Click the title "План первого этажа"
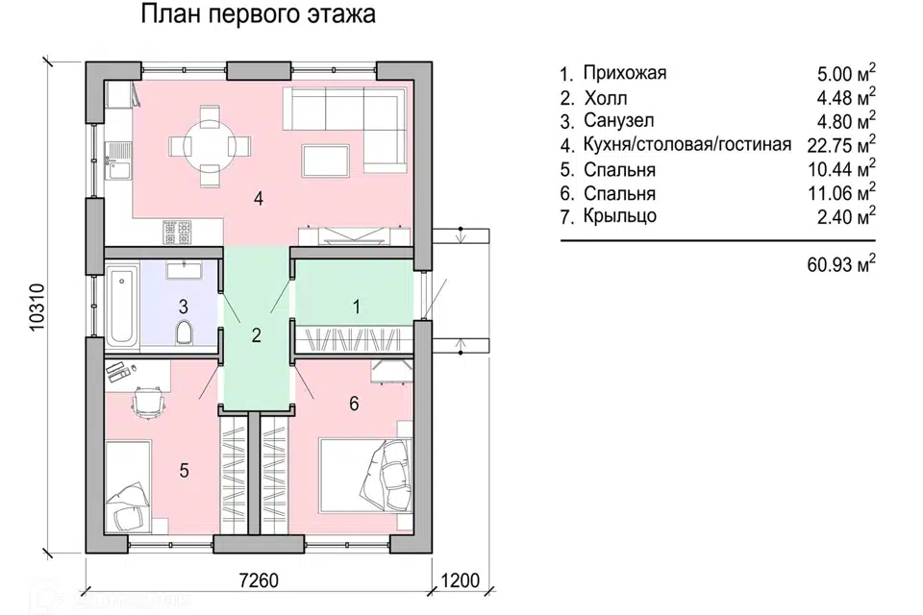tap(259, 16)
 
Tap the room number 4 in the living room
tap(258, 199)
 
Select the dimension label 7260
tap(258, 580)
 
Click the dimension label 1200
tap(461, 580)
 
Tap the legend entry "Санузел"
tap(620, 121)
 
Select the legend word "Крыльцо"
tap(620, 216)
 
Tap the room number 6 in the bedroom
tap(354, 404)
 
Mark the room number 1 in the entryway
tap(356, 307)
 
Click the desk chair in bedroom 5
tap(146, 402)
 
